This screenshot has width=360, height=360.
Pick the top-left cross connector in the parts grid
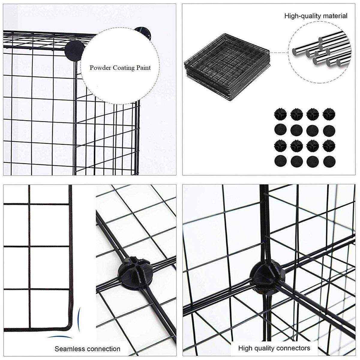[x=280, y=114]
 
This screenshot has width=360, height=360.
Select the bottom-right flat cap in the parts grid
[x=329, y=161]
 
